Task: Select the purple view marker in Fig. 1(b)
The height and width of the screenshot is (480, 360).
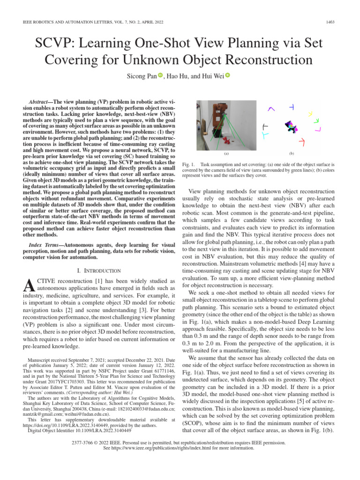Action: pos(270,109)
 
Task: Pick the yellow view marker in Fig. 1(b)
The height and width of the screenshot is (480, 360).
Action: pos(310,113)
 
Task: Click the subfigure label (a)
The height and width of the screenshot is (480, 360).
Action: pos(226,153)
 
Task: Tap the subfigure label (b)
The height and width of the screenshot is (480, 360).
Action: pos(292,153)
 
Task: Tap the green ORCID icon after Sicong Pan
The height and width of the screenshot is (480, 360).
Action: pos(160,75)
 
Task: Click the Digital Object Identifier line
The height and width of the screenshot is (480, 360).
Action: pos(80,430)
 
